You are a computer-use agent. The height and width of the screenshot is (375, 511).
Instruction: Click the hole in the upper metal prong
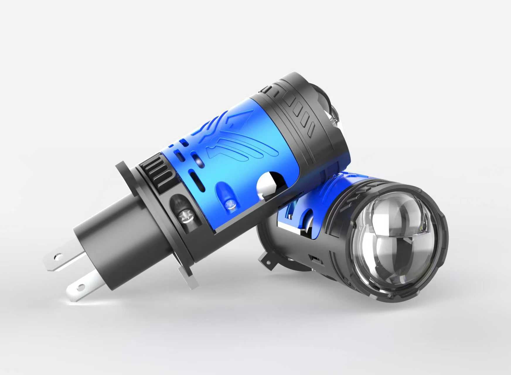point(57,258)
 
